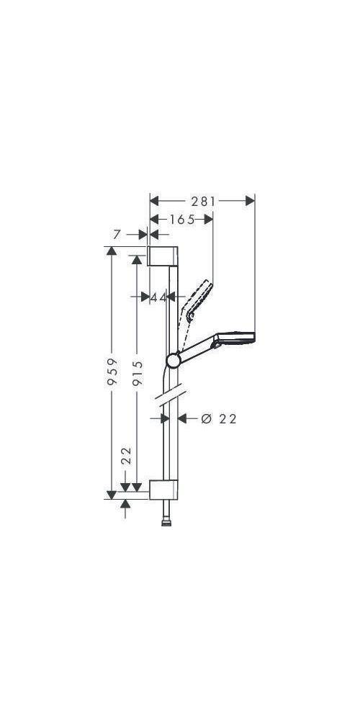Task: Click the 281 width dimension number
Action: [x=204, y=202]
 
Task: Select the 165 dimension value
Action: [x=181, y=220]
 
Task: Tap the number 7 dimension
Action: [x=117, y=234]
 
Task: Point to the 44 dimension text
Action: [x=158, y=297]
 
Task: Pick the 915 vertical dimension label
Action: [x=138, y=372]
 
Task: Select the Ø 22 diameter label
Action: [x=219, y=418]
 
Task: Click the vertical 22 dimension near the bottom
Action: [x=127, y=455]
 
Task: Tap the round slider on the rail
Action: [x=173, y=360]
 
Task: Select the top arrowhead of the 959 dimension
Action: [x=111, y=251]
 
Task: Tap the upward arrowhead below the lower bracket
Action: [x=127, y=505]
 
